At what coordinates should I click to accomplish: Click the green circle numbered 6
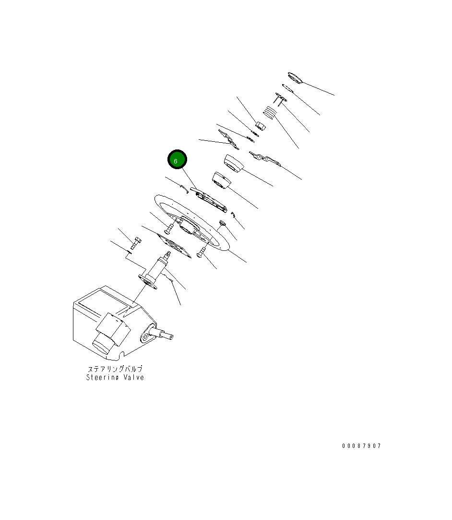pyautogui.click(x=177, y=160)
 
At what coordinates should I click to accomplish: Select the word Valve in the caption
pyautogui.click(x=134, y=377)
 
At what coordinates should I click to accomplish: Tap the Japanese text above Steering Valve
pyautogui.click(x=115, y=369)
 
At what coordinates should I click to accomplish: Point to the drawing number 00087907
pyautogui.click(x=362, y=446)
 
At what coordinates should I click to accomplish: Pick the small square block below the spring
pyautogui.click(x=261, y=126)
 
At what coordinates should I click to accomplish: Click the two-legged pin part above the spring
pyautogui.click(x=280, y=99)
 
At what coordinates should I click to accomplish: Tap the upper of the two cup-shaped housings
pyautogui.click(x=234, y=163)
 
